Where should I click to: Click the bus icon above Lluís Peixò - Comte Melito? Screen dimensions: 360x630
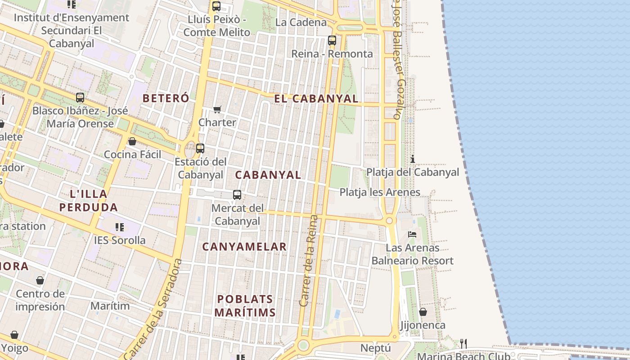tap(216, 6)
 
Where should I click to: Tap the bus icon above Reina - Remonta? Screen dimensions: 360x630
tap(332, 40)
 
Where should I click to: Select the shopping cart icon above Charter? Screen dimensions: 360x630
tap(217, 109)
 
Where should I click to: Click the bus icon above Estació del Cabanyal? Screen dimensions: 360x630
tap(200, 148)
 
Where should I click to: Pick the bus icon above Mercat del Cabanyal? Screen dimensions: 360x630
tap(237, 195)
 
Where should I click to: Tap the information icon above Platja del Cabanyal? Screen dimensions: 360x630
tap(412, 159)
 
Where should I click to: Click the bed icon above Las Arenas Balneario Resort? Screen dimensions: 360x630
tap(412, 234)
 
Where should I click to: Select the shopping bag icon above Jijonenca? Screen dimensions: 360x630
tap(423, 311)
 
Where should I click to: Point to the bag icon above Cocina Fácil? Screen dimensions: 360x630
tap(132, 141)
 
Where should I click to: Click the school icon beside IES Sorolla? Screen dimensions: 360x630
tap(119, 227)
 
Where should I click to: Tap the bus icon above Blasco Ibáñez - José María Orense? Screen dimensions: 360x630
tap(80, 97)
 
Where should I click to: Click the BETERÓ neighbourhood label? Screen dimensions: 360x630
tap(166, 98)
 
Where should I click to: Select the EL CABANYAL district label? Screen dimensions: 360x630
tap(316, 99)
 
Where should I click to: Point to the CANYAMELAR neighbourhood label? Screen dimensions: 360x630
tap(244, 247)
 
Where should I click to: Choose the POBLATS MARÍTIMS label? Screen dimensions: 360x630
tap(245, 306)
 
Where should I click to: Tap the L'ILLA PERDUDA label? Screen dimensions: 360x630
tap(89, 201)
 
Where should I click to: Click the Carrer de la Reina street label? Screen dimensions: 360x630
tap(309, 261)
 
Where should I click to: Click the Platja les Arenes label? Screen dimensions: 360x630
tap(380, 192)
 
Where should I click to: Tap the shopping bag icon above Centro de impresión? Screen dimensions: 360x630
tap(40, 280)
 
